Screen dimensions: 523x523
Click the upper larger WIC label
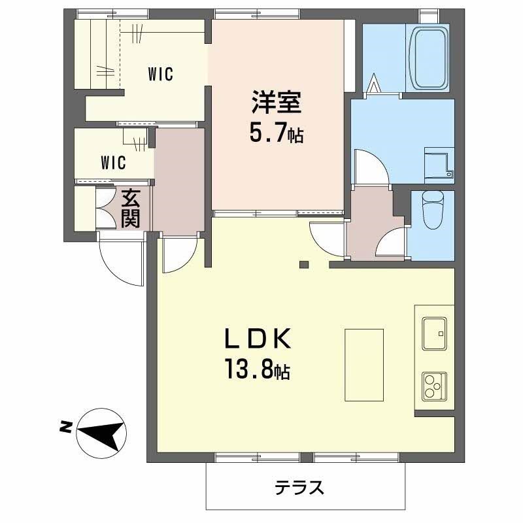pos(160,75)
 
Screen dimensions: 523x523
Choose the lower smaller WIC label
pos(113,161)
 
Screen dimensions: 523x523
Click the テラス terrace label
pos(299,487)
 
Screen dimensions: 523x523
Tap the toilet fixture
pos(432,209)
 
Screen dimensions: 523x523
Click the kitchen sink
pos(433,333)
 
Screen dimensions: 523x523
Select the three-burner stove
pos(433,386)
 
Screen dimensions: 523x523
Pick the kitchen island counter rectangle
pos(364,365)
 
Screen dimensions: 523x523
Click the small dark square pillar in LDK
pos(303,265)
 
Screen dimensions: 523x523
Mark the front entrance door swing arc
pos(121,261)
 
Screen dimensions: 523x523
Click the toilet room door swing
pos(393,245)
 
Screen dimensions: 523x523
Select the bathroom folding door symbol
pos(374,86)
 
